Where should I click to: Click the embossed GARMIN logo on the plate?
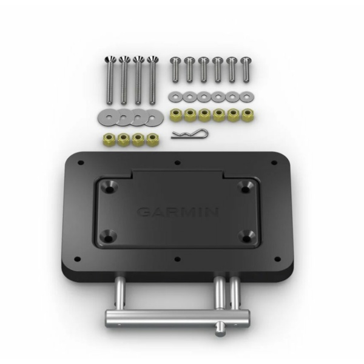[x=178, y=212]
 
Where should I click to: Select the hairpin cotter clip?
[x=190, y=134]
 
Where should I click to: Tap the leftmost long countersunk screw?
[x=109, y=80]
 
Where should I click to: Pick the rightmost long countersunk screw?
[x=152, y=80]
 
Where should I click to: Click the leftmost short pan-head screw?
[x=175, y=70]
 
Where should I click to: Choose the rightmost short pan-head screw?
[x=246, y=70]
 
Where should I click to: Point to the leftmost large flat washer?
[x=107, y=117]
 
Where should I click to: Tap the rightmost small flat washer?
[x=247, y=97]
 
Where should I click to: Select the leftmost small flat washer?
[x=176, y=96]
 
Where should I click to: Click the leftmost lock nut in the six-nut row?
[x=176, y=115]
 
